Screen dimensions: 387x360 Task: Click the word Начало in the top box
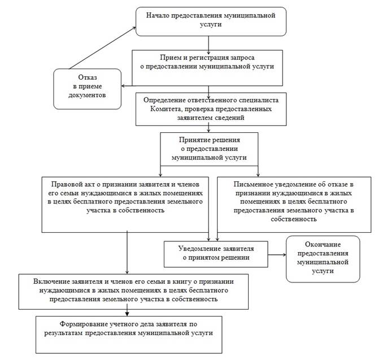[x=158, y=15]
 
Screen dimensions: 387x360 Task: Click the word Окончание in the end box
[x=323, y=245]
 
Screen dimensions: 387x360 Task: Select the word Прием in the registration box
[x=169, y=58]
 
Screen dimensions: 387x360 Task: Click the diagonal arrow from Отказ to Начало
[x=102, y=48]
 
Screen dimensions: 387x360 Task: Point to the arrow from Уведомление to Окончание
[x=277, y=254]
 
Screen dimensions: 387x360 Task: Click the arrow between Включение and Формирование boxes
[x=127, y=313]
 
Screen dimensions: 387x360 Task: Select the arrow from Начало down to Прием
[x=209, y=45]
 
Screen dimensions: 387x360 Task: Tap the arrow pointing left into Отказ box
[x=127, y=86]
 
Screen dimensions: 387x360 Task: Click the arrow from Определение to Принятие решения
[x=209, y=129]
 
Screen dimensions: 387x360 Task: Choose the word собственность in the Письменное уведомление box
[x=294, y=219]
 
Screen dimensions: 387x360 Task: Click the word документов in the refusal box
[x=87, y=95]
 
